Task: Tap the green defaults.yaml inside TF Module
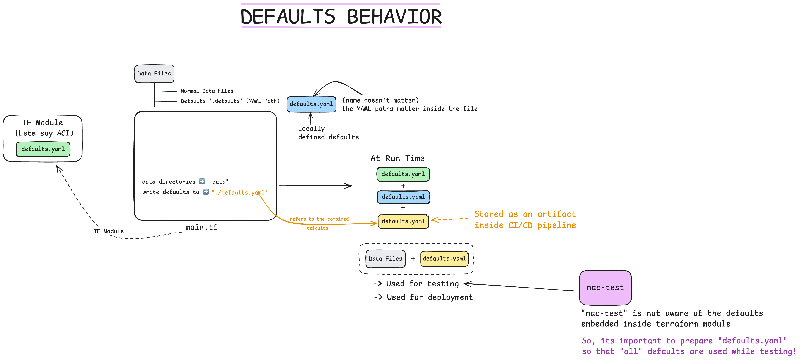click(x=43, y=149)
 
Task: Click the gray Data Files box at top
click(x=154, y=74)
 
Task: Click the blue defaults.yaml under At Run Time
click(x=403, y=197)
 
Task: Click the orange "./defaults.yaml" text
click(x=239, y=193)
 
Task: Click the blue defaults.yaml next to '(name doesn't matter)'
click(x=311, y=104)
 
